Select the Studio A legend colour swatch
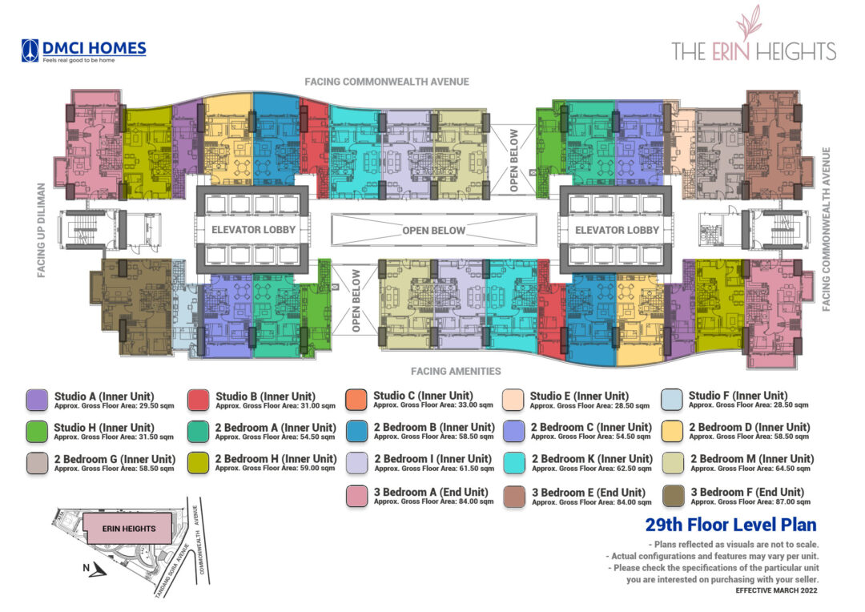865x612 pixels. click(38, 400)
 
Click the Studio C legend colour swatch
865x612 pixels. click(356, 399)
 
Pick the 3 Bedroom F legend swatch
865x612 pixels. click(674, 496)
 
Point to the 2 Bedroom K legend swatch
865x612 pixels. click(515, 463)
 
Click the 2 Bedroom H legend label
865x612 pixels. click(276, 458)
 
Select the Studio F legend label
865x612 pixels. click(738, 396)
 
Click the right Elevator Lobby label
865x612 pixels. click(617, 230)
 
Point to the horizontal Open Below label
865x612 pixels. click(433, 231)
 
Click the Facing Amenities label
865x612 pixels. click(455, 371)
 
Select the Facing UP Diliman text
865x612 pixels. click(41, 231)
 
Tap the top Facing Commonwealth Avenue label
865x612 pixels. click(386, 82)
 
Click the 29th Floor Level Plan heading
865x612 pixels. click(730, 525)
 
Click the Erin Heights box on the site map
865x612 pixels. click(130, 528)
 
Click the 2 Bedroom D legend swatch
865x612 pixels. click(674, 432)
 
